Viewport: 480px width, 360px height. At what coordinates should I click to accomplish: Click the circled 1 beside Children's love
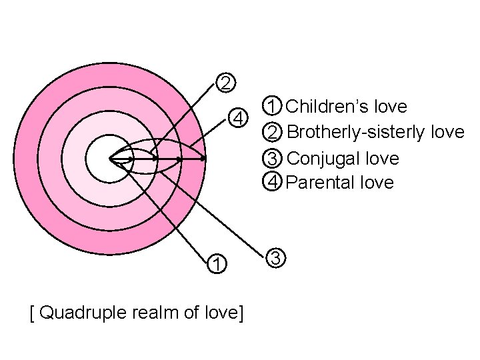tap(272, 106)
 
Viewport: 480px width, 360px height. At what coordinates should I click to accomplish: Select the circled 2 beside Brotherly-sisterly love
tap(272, 132)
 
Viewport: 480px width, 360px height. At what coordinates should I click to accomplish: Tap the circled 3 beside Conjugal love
tap(272, 159)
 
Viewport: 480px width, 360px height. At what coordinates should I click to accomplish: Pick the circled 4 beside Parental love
tap(272, 181)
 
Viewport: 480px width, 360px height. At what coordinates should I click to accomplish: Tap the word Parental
tap(322, 182)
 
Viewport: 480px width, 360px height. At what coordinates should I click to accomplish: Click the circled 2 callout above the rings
tap(226, 83)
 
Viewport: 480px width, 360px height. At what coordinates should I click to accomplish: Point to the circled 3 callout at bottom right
tap(276, 257)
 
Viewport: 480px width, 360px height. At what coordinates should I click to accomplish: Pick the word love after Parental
tap(377, 182)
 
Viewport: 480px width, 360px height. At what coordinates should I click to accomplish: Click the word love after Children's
tap(390, 106)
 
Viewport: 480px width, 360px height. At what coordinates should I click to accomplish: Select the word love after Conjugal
tap(383, 159)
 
